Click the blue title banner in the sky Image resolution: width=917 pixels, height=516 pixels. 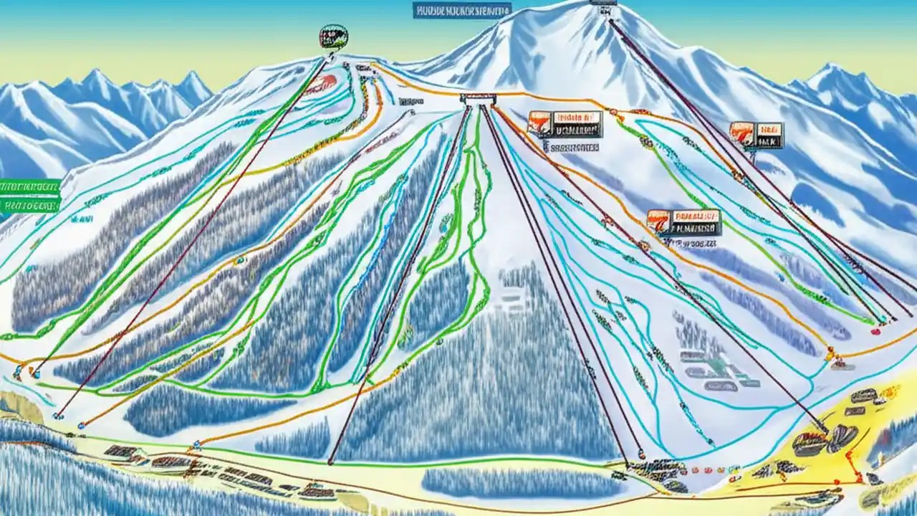click(x=462, y=10)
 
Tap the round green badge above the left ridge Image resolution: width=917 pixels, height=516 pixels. click(x=333, y=36)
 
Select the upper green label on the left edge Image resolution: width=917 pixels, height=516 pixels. click(x=29, y=187)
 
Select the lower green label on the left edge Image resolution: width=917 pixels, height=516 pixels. click(x=29, y=206)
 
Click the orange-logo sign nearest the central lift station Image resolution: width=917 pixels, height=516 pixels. click(x=565, y=124)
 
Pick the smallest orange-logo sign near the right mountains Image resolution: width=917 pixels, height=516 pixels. click(x=757, y=135)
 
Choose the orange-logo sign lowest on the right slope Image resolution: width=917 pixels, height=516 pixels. click(x=683, y=222)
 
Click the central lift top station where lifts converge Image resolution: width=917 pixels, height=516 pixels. click(x=477, y=99)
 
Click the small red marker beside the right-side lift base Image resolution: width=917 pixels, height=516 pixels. click(x=875, y=331)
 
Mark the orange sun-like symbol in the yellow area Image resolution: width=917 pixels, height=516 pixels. click(x=890, y=392)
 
